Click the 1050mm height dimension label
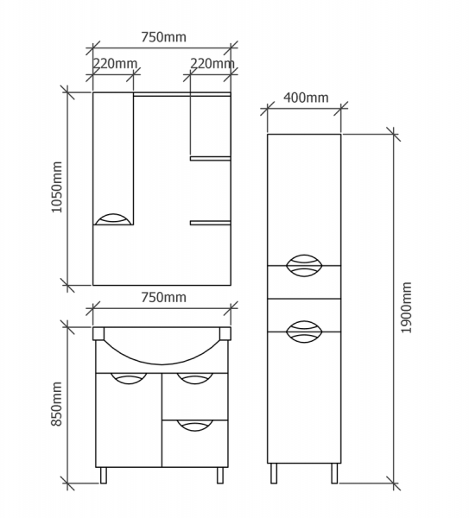click(x=57, y=187)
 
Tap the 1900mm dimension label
click(x=406, y=307)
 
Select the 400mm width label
click(x=306, y=98)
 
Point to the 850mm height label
click(x=56, y=404)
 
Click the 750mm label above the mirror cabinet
click(x=163, y=37)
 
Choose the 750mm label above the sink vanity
click(x=163, y=297)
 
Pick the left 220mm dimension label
click(x=114, y=63)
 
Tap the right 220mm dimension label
click(x=212, y=63)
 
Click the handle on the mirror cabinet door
click(x=113, y=219)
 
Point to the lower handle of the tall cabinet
click(x=304, y=332)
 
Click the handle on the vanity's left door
click(x=129, y=379)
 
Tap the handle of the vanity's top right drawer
click(x=194, y=379)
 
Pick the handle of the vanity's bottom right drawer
click(x=194, y=426)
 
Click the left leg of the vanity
click(x=104, y=476)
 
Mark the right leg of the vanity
click(x=220, y=476)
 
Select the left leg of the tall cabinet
click(x=274, y=473)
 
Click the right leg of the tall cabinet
click(x=334, y=473)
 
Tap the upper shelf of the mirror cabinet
click(x=210, y=159)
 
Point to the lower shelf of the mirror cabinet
click(x=210, y=223)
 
